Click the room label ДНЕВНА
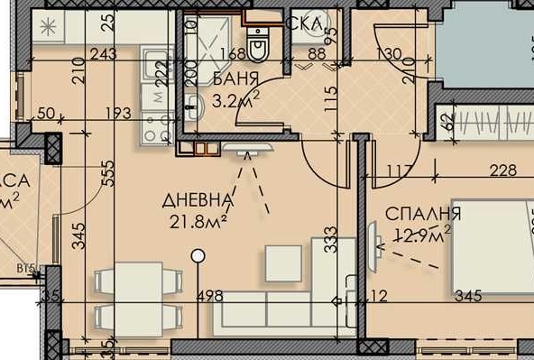[198, 199]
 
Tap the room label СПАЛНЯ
[423, 214]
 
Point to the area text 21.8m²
[198, 219]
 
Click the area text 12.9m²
[421, 235]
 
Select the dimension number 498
[209, 295]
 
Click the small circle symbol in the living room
[198, 256]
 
